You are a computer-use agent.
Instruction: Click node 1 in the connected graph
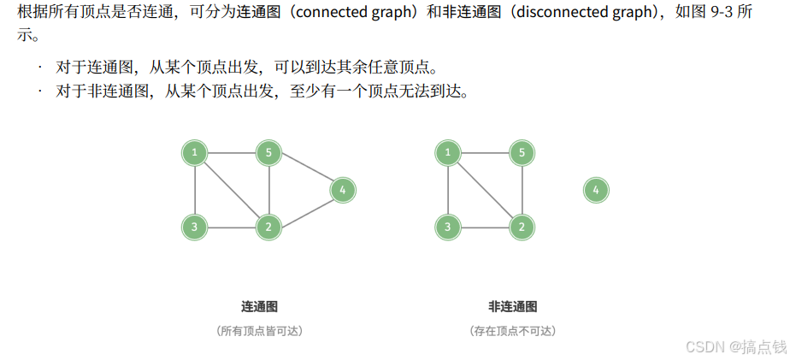pyautogui.click(x=195, y=153)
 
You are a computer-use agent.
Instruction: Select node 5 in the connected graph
pyautogui.click(x=268, y=153)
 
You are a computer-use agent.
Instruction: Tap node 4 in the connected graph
pyautogui.click(x=342, y=190)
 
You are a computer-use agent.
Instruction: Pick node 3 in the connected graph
pyautogui.click(x=195, y=227)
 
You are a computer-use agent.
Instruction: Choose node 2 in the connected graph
pyautogui.click(x=268, y=227)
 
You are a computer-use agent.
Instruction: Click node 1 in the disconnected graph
pyautogui.click(x=447, y=153)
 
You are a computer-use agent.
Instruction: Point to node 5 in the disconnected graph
pyautogui.click(x=522, y=153)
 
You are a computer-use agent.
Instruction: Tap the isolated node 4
pyautogui.click(x=596, y=190)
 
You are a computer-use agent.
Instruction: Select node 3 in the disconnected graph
pyautogui.click(x=447, y=227)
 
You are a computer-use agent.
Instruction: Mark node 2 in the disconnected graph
pyautogui.click(x=522, y=227)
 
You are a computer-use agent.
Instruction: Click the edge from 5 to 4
pyautogui.click(x=305, y=171)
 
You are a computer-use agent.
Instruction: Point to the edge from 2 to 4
pyautogui.click(x=305, y=209)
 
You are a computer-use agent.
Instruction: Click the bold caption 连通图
pyautogui.click(x=259, y=306)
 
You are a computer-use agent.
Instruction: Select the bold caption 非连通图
pyautogui.click(x=512, y=306)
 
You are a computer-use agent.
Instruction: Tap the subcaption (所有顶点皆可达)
pyautogui.click(x=259, y=330)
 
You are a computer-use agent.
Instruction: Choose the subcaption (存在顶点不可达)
pyautogui.click(x=512, y=330)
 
